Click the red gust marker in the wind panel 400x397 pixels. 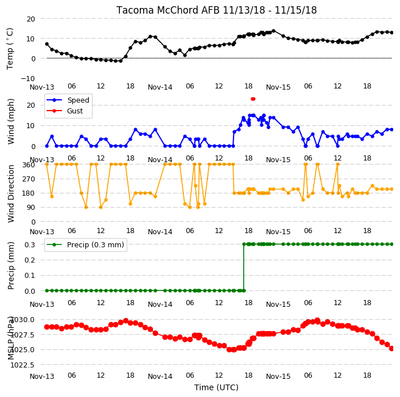point(253,99)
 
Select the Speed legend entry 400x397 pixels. point(68,100)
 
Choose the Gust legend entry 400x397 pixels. point(65,111)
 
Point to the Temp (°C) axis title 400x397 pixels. point(10,49)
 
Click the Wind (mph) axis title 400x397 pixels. point(11,121)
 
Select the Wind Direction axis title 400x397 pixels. point(11,193)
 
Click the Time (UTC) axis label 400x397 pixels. point(216,387)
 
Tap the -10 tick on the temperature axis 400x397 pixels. point(28,78)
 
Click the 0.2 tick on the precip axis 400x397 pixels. point(30,260)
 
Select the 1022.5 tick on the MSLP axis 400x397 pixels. point(22,365)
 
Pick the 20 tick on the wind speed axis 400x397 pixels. point(31,105)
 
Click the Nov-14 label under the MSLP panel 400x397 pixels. point(160,377)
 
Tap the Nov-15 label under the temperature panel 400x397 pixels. point(278,87)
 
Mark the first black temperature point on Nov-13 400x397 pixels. point(47,44)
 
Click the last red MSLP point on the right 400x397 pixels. point(391,348)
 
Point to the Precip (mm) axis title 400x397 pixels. point(11,266)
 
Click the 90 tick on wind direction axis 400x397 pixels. point(31,208)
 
